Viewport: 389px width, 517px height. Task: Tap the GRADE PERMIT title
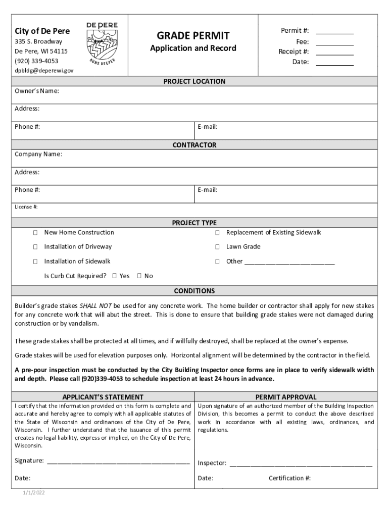(193, 36)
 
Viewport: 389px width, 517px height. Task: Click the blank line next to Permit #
(334, 31)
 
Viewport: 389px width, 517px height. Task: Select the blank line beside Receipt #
(334, 51)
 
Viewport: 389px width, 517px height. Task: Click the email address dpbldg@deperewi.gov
(44, 70)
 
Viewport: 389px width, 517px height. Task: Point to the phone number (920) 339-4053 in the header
(36, 61)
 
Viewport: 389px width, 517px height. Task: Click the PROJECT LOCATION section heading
(194, 81)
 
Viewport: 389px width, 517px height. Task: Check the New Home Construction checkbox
(35, 233)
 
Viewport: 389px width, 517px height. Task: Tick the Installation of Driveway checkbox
(35, 247)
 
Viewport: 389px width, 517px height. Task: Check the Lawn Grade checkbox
(217, 247)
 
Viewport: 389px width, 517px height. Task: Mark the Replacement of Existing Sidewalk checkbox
(217, 233)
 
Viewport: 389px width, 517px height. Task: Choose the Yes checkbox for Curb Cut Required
(115, 276)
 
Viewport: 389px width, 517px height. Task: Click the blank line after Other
(289, 262)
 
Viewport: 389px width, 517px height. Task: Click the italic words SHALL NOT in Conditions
(96, 306)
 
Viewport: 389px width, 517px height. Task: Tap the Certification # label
(289, 478)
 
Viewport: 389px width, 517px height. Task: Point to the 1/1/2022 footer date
(33, 493)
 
